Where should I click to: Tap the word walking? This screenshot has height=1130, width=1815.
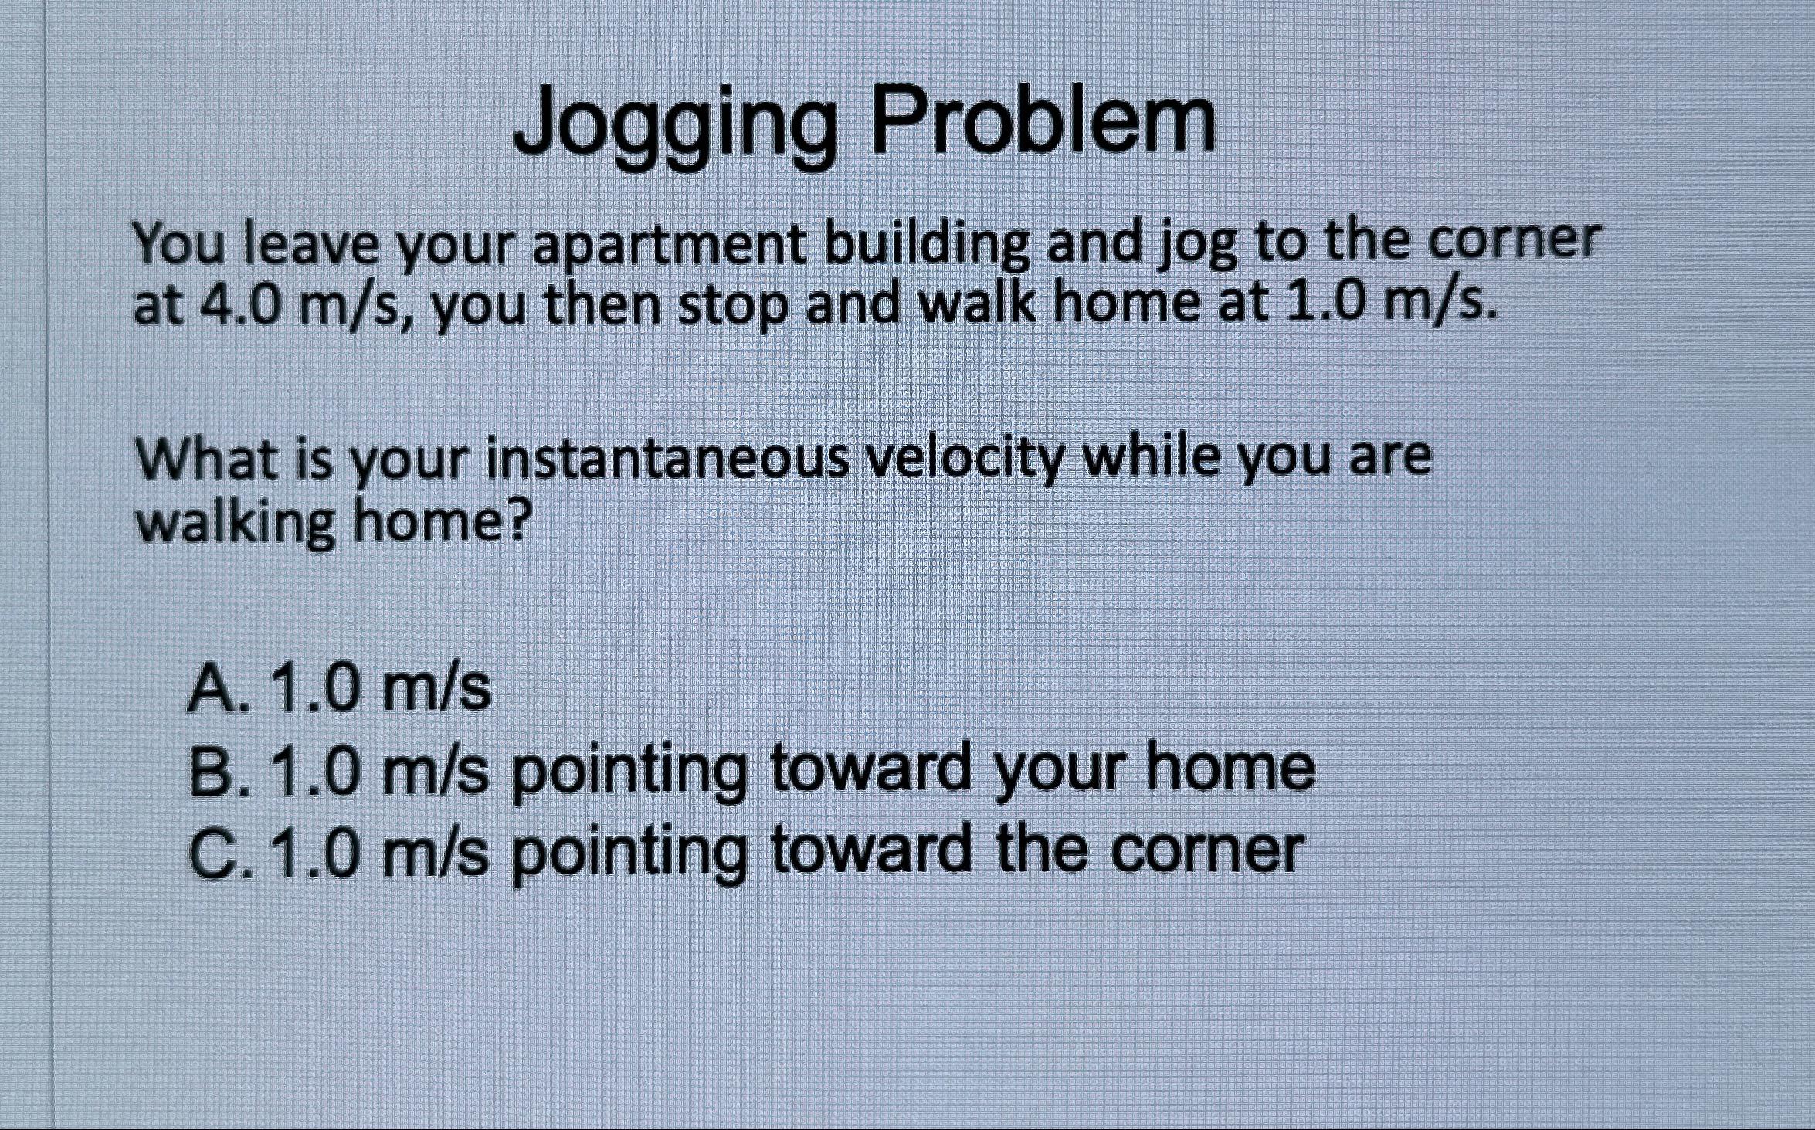click(x=236, y=525)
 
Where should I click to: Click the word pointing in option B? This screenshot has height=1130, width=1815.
click(x=629, y=772)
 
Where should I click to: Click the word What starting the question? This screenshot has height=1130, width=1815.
click(x=200, y=459)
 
